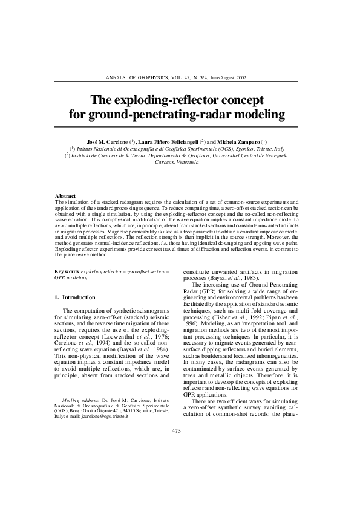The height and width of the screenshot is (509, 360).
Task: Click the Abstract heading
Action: [65, 196]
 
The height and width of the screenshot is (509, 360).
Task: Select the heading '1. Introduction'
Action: [74, 297]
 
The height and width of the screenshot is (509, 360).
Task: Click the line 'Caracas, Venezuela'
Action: [177, 163]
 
